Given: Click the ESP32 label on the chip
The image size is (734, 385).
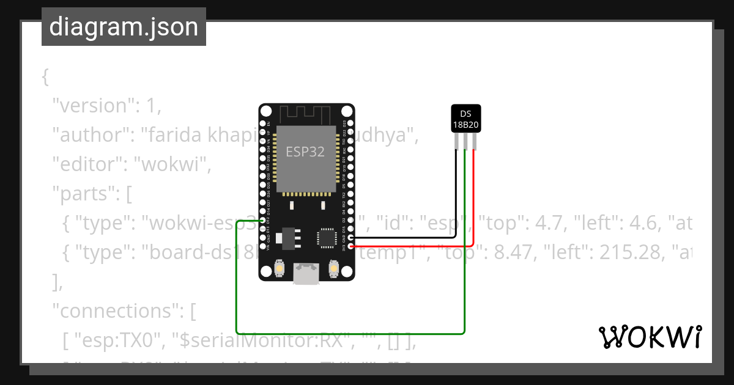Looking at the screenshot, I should coord(305,151).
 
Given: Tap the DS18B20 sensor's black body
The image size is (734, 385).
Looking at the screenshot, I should coord(465,119).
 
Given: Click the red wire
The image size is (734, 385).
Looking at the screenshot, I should coord(473,202).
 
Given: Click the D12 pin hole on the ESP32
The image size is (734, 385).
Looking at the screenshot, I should coord(262,221).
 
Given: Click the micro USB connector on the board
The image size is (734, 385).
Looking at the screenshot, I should coord(306,273).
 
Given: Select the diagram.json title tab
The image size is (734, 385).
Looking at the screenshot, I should coord(124,27).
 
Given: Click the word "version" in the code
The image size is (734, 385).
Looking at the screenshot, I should coord(94,106).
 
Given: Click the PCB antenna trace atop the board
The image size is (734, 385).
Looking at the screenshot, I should coord(305,114).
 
